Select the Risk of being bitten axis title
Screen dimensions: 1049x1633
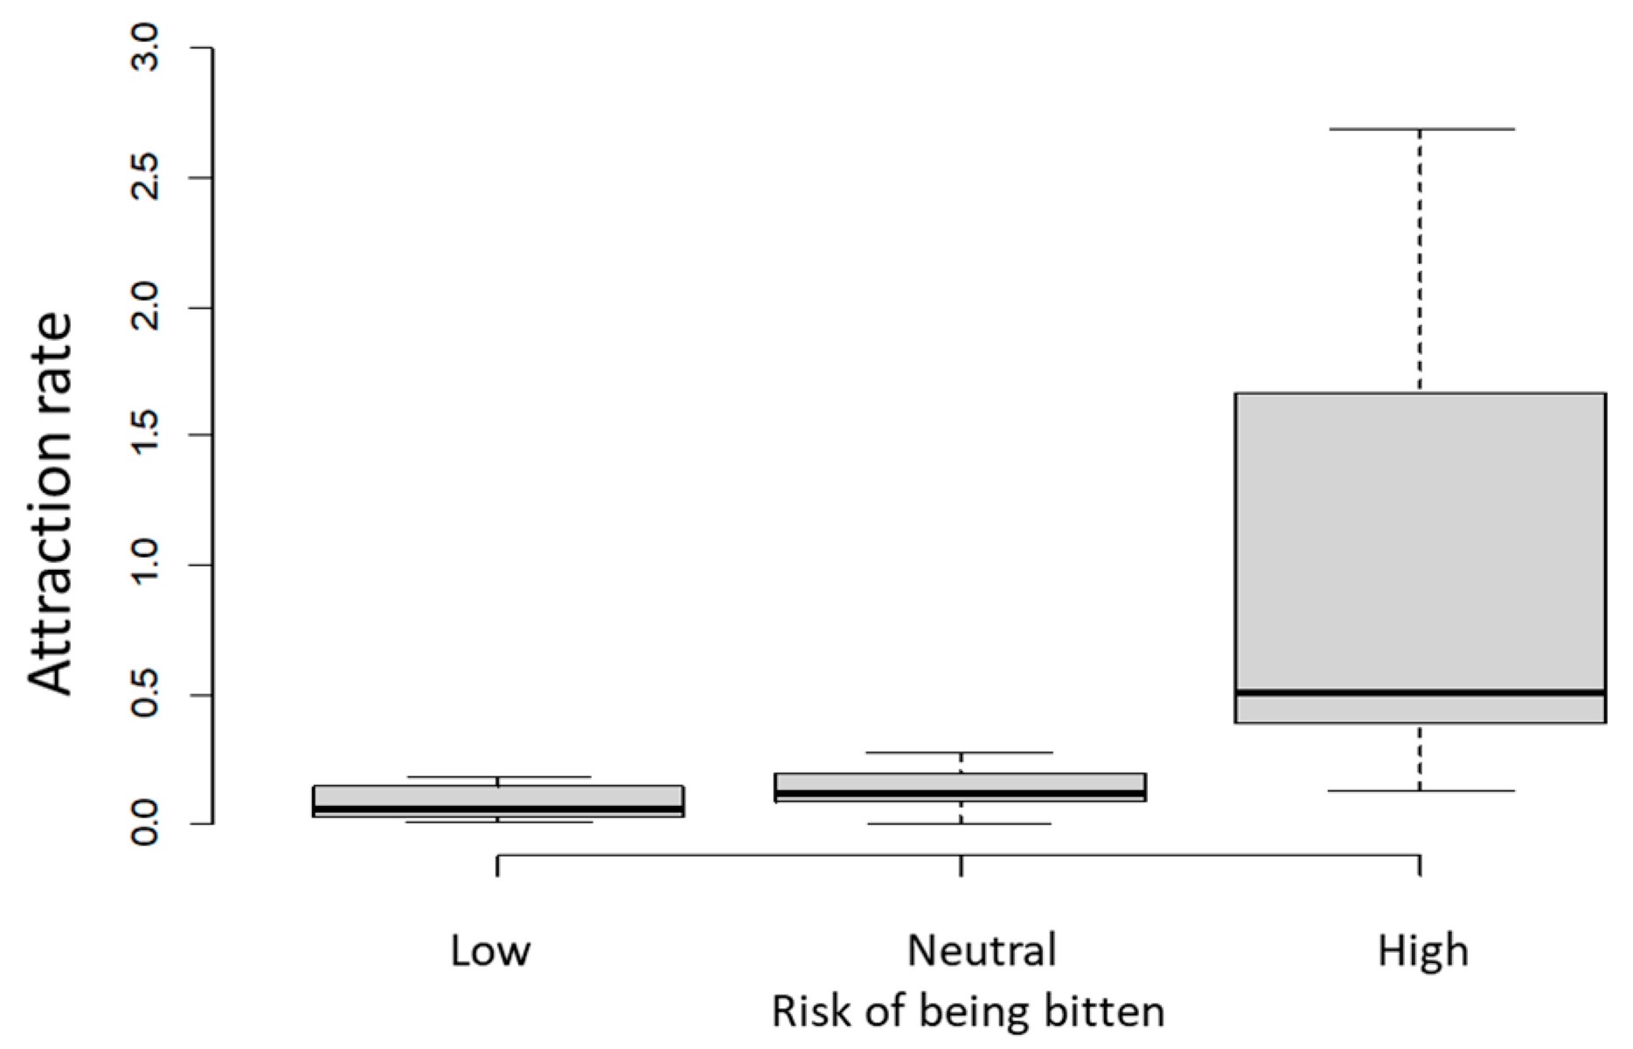click(968, 1012)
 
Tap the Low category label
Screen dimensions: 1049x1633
click(490, 950)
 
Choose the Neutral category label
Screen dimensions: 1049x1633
click(982, 950)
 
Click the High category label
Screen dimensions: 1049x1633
click(1422, 950)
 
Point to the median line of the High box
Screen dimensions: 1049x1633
click(1421, 692)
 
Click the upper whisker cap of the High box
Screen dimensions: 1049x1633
click(1421, 129)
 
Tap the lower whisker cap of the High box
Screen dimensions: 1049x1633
click(1421, 791)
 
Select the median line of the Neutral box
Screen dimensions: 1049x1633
click(961, 794)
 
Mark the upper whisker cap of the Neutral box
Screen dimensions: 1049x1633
click(961, 753)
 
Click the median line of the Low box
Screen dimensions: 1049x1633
click(498, 809)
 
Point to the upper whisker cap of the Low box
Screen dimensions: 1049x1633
click(498, 777)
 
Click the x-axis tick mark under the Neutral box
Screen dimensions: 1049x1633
click(962, 865)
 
